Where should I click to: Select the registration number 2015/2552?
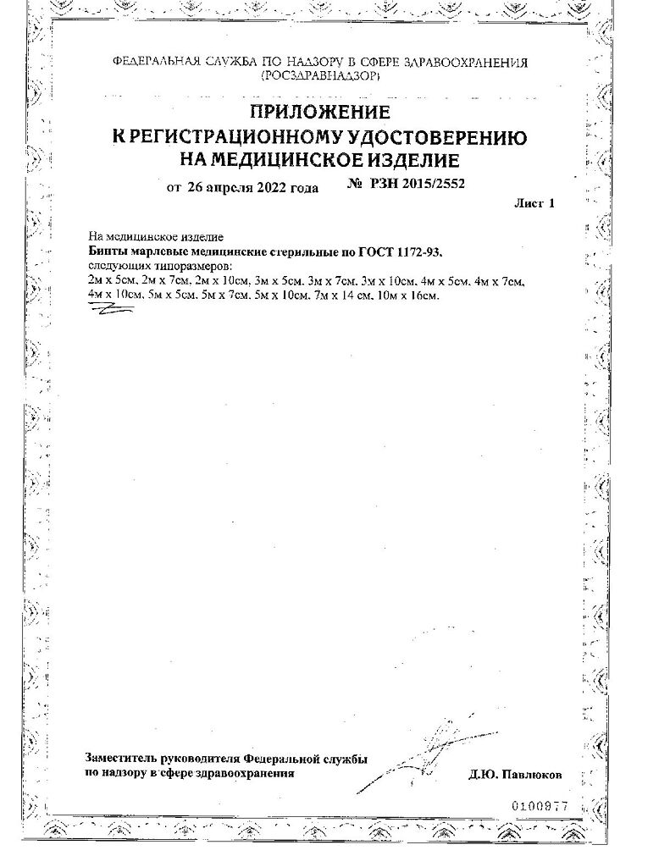432,183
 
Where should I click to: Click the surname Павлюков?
531,775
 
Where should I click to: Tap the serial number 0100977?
540,806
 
